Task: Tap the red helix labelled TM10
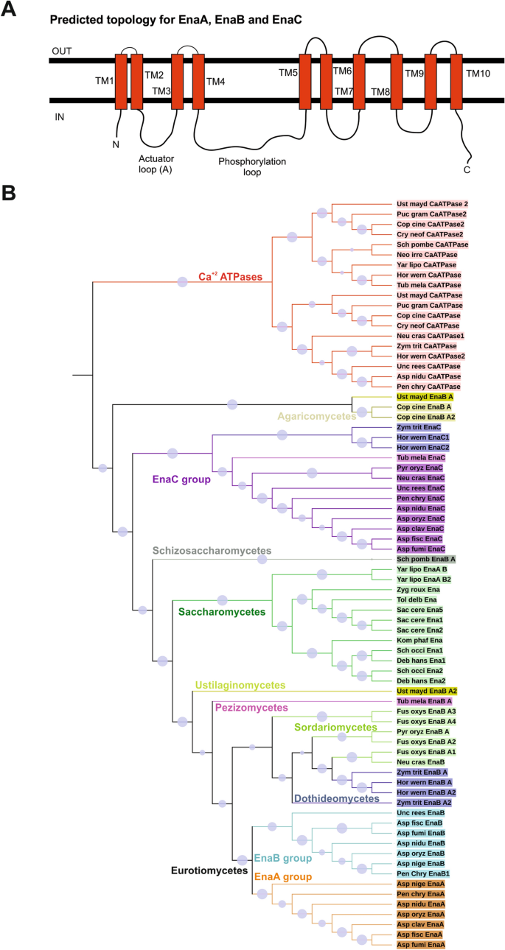point(456,80)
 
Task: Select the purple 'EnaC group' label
point(181,479)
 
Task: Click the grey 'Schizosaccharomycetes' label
point(212,550)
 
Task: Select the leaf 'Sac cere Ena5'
point(422,611)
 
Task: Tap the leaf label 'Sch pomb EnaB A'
point(426,560)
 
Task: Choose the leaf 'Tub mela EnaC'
point(422,458)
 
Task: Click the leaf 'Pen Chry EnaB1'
point(426,873)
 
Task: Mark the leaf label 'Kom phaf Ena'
point(419,641)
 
